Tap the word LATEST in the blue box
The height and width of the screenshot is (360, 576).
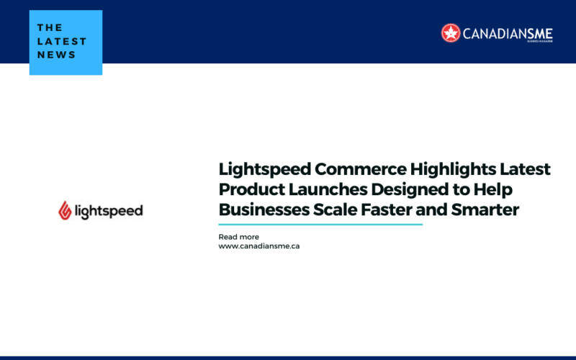[62, 40]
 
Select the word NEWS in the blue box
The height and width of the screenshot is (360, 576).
[57, 55]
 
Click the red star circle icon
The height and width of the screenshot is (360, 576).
[451, 32]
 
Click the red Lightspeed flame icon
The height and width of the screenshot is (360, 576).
[65, 210]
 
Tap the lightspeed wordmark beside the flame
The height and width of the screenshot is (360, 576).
[109, 210]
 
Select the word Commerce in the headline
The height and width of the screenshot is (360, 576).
[351, 169]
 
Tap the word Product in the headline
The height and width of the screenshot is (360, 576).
[248, 190]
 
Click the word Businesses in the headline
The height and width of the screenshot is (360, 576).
[261, 211]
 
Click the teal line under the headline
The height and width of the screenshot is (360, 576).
[320, 224]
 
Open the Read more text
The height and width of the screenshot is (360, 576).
[238, 237]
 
